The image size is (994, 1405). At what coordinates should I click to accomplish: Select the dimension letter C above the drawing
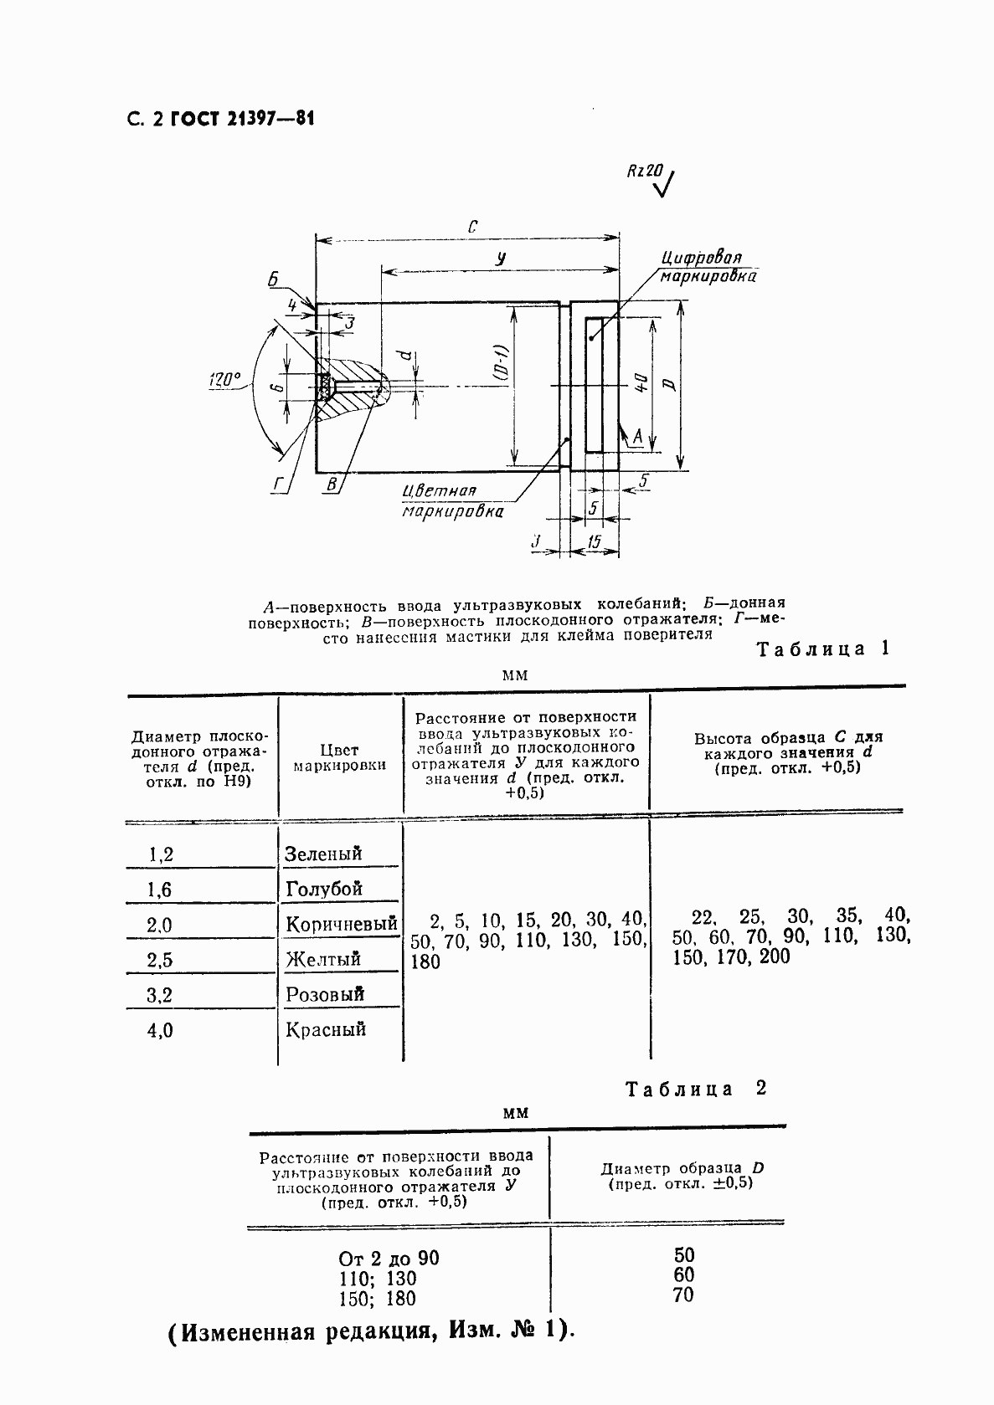point(472,227)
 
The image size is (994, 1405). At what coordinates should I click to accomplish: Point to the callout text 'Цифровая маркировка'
point(706,266)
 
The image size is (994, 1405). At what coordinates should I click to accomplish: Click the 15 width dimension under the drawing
point(594,542)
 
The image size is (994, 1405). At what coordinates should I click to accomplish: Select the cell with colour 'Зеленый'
point(323,854)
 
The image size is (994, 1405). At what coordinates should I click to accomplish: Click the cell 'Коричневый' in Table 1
point(341,924)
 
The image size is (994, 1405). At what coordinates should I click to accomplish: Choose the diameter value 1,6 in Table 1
point(159,890)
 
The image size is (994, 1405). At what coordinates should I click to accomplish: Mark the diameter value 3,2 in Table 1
point(159,995)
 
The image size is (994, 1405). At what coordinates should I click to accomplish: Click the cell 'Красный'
point(326,1029)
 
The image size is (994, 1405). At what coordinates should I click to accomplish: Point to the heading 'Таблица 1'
point(822,649)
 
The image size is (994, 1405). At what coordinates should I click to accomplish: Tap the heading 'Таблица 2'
point(697,1089)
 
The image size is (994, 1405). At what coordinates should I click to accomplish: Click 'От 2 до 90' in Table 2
point(389,1259)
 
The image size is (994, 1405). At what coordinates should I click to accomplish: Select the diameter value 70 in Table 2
point(683,1295)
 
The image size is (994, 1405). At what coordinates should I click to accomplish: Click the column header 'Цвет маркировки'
point(340,757)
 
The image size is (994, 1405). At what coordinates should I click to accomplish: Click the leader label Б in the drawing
point(273,280)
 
